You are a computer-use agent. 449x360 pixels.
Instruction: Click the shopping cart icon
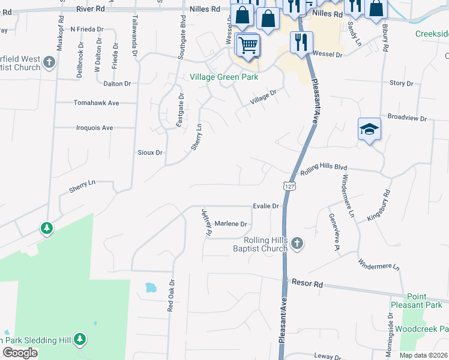[247, 44]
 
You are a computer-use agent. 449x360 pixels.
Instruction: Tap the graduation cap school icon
[370, 128]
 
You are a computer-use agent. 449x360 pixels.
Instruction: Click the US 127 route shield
[290, 187]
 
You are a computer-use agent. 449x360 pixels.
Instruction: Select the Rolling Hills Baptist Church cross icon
[298, 243]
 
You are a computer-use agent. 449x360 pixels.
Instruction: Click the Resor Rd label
[307, 283]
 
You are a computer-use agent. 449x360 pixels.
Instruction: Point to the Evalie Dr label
[266, 206]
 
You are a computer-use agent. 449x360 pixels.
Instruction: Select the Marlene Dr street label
[231, 224]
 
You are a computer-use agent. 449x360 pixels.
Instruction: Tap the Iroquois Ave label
[94, 128]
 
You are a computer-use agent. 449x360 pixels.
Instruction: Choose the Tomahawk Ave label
[96, 103]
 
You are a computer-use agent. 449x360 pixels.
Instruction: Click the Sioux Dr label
[151, 153]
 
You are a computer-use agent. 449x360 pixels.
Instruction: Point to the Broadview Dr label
[407, 118]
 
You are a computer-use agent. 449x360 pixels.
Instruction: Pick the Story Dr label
[401, 83]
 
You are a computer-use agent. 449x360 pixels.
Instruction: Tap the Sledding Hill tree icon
[80, 340]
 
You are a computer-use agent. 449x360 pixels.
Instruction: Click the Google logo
[20, 353]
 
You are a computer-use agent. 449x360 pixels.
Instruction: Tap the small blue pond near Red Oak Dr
[149, 288]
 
